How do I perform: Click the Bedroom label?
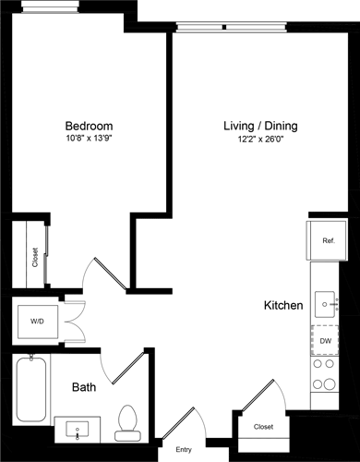point(89,126)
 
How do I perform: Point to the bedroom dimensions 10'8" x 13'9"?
point(89,139)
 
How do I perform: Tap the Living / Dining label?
point(261,126)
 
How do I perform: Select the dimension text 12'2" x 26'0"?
point(261,139)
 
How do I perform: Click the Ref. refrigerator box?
point(328,241)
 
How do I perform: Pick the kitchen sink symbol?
point(326,301)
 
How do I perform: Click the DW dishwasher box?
point(326,341)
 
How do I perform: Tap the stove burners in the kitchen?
point(326,374)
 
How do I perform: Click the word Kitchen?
point(283,306)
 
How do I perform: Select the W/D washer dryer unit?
point(37,322)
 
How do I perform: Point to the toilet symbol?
point(126,421)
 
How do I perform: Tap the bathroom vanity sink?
point(77,428)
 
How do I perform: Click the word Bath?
point(86,388)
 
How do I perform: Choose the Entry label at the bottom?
point(185,450)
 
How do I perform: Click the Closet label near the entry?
point(264,428)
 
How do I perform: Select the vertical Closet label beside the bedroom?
point(35,255)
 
